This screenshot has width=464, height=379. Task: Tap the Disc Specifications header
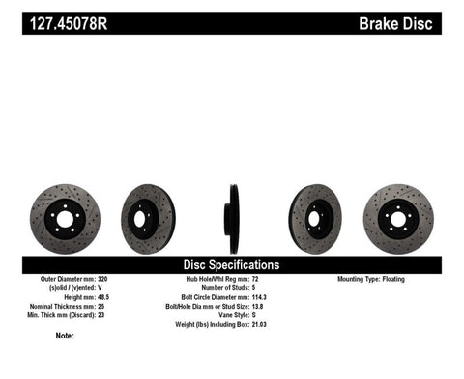(231, 263)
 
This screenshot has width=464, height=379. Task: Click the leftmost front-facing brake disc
(65, 218)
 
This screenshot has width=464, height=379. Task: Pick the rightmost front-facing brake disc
(398, 218)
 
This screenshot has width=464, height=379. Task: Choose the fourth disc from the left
(315, 218)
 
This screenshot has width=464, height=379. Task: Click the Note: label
(65, 336)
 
